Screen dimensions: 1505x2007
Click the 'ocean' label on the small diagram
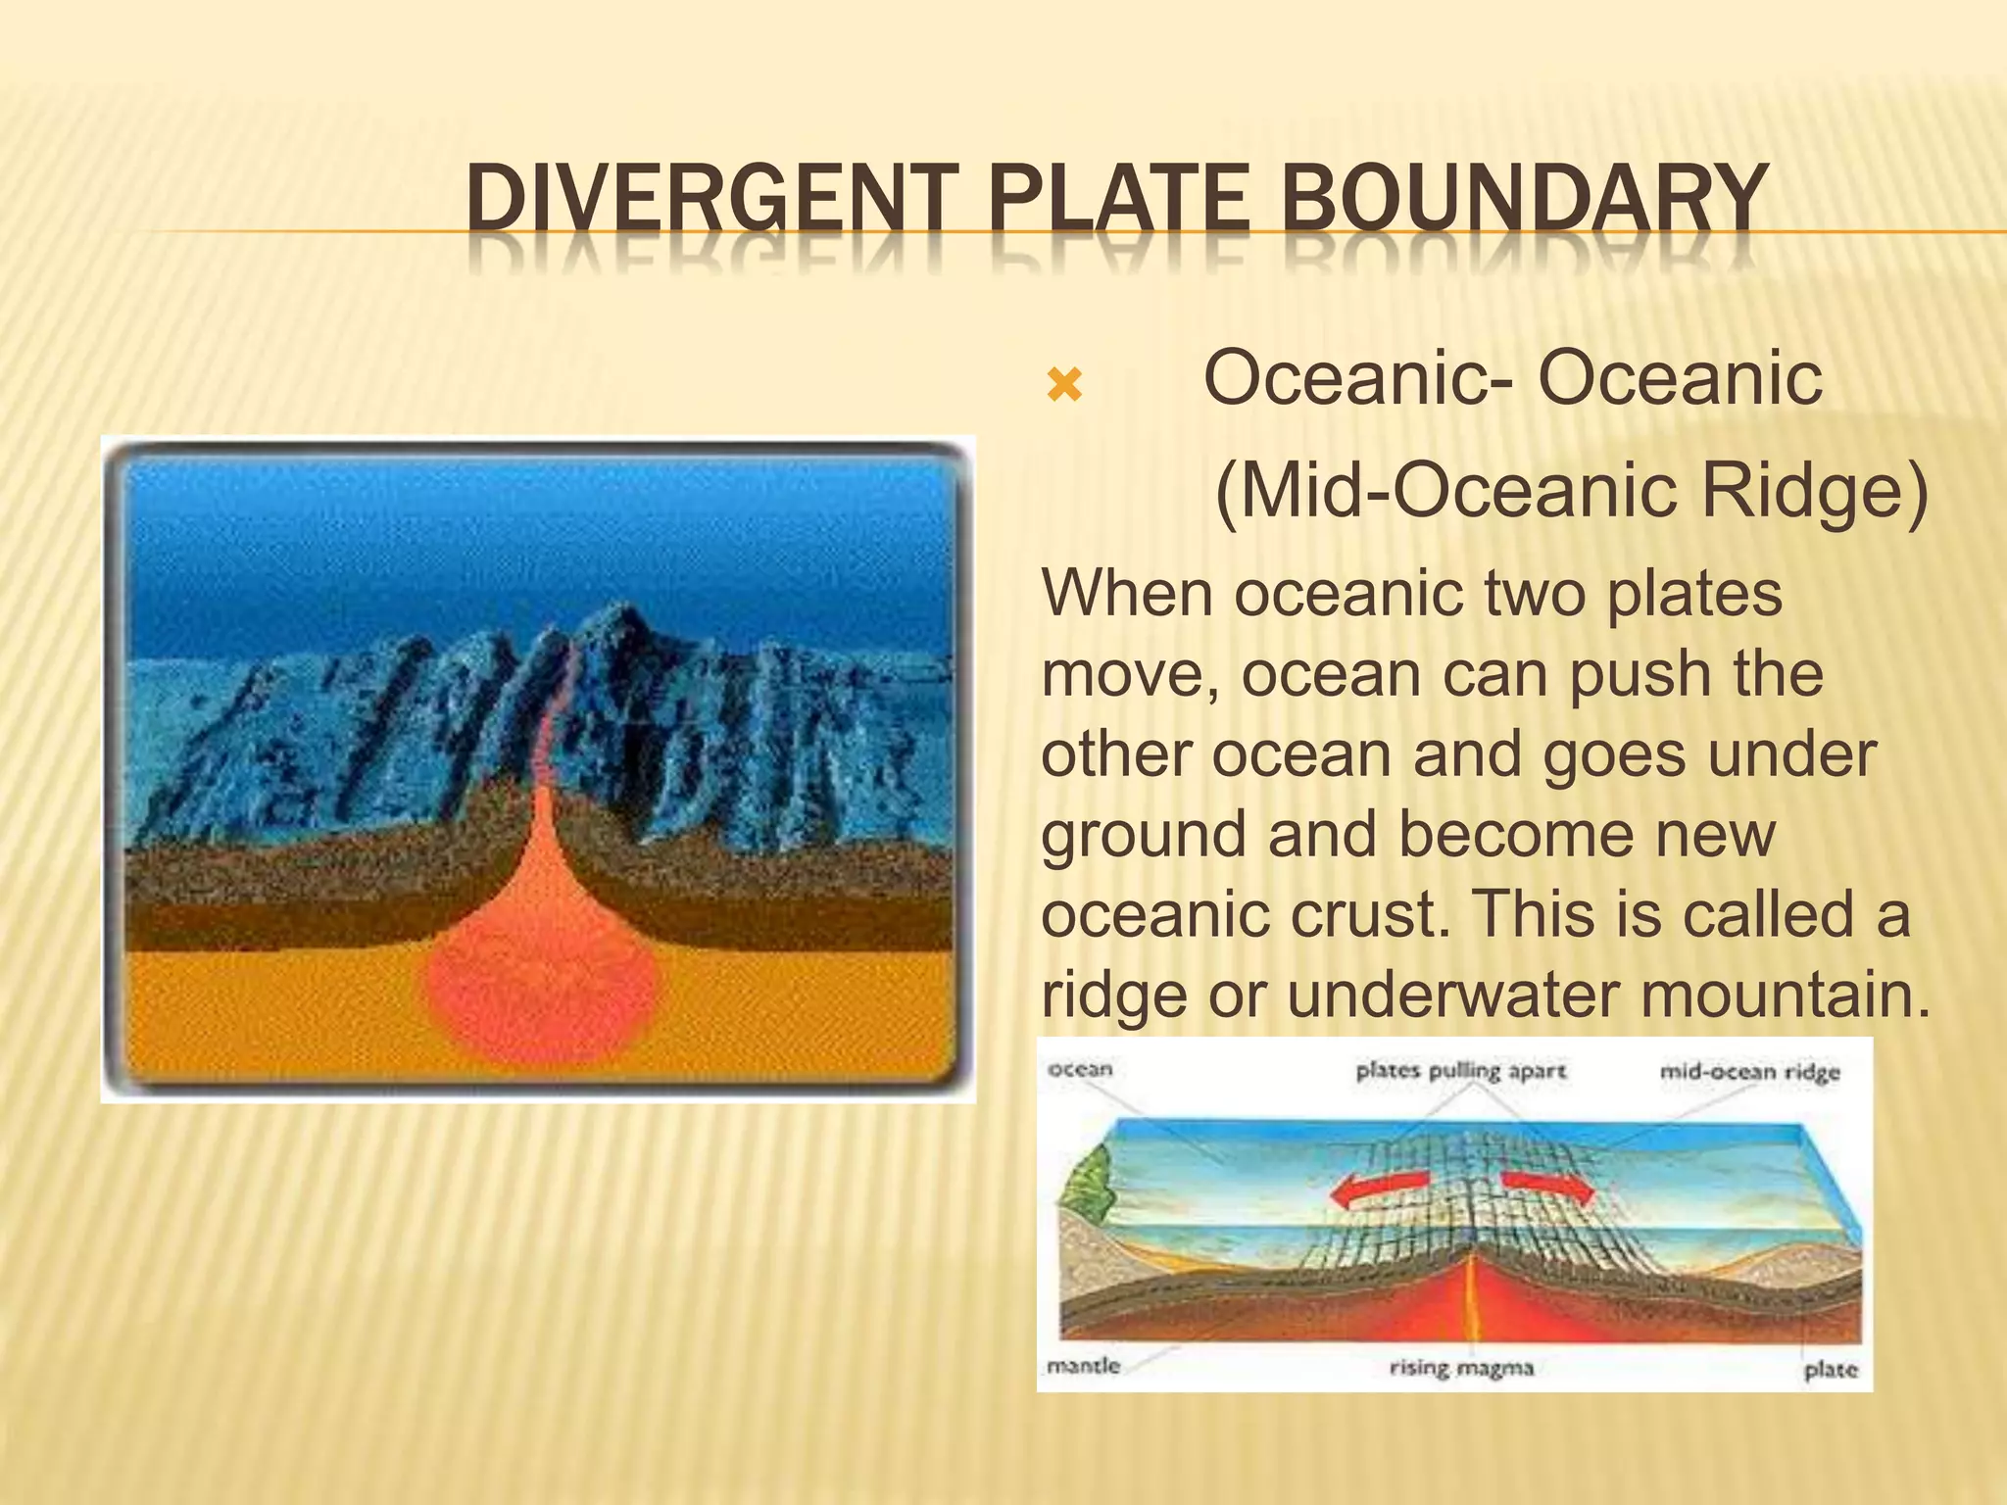(x=1080, y=1069)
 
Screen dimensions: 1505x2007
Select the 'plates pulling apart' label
(x=1460, y=1071)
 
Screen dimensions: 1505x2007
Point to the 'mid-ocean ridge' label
(x=1749, y=1072)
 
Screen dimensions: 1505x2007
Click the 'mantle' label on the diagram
(x=1083, y=1365)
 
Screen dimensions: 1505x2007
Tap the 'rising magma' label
(x=1461, y=1368)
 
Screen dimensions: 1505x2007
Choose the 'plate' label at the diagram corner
(x=1830, y=1370)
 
